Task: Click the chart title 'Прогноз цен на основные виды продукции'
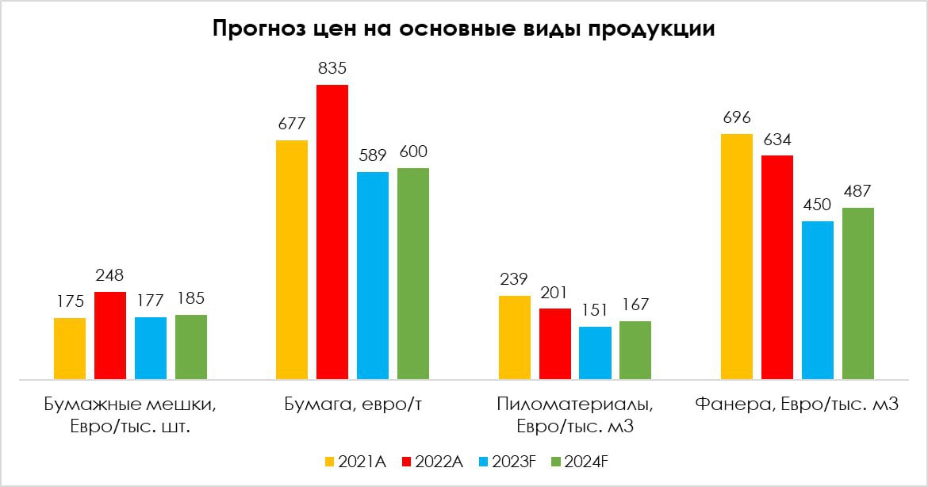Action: click(x=463, y=30)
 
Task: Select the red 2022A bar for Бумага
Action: click(x=332, y=232)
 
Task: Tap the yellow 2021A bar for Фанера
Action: click(x=737, y=257)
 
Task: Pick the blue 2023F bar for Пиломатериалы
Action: click(x=595, y=353)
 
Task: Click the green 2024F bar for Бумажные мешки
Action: click(x=191, y=347)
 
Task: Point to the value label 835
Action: click(x=332, y=69)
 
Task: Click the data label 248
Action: click(x=109, y=276)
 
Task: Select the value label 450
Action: click(x=818, y=205)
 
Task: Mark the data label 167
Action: click(x=635, y=305)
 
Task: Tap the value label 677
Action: click(x=292, y=125)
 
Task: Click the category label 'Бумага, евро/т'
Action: click(x=352, y=405)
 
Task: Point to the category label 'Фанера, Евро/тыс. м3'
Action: click(x=796, y=405)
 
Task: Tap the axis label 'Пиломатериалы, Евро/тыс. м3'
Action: click(x=575, y=416)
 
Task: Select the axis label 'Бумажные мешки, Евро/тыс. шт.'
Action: click(x=130, y=416)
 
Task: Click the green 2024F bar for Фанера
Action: click(x=858, y=293)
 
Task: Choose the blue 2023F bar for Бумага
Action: click(x=373, y=276)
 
